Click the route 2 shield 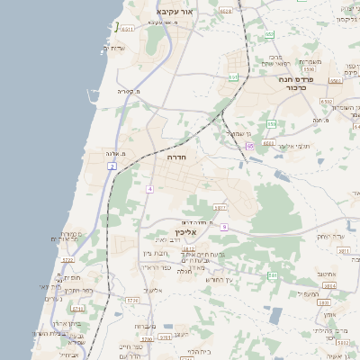point(112,166)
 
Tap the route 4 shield point(150,188)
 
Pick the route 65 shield point(250,145)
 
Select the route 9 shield point(224,227)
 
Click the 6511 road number point(233,77)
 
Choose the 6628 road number point(225,11)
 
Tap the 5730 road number point(132,300)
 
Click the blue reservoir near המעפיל point(275,317)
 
